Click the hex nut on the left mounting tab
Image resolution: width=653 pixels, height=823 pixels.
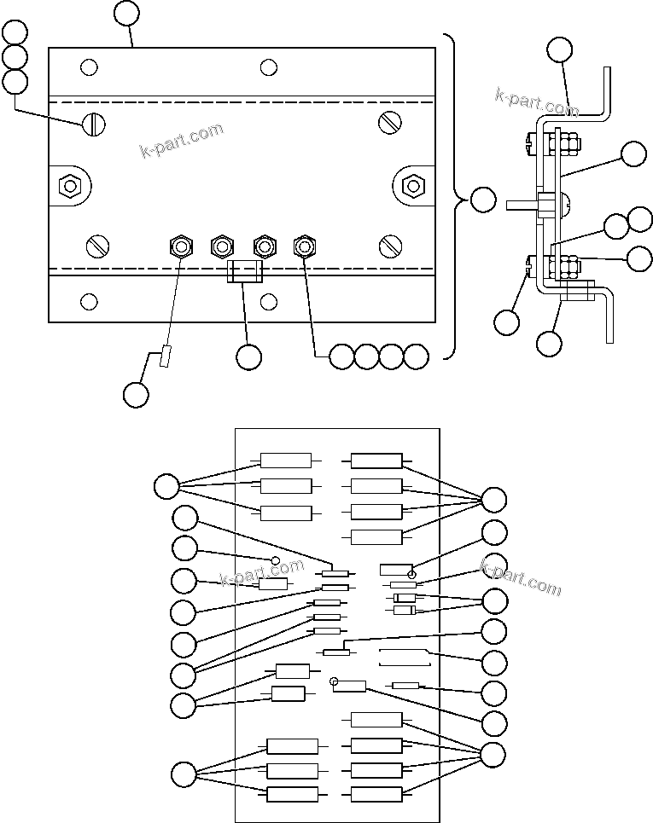[68, 184]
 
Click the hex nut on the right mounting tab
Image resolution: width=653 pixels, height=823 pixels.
[413, 184]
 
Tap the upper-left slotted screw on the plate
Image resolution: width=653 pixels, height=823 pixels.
[94, 125]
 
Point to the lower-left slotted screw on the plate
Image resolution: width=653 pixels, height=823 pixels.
[98, 246]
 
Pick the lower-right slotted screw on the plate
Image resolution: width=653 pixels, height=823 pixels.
[391, 246]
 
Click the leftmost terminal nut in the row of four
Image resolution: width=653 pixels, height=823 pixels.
[180, 247]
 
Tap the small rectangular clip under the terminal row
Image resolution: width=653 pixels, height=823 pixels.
[245, 272]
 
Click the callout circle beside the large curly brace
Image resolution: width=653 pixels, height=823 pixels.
[482, 200]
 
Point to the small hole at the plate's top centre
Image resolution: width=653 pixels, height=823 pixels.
[269, 67]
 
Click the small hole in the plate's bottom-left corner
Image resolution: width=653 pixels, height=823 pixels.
[88, 301]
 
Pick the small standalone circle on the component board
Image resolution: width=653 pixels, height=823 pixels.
[276, 559]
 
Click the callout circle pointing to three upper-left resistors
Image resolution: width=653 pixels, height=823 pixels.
[166, 487]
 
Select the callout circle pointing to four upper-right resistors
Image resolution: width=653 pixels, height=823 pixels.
[494, 500]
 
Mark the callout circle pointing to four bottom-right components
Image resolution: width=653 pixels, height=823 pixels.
[493, 754]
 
